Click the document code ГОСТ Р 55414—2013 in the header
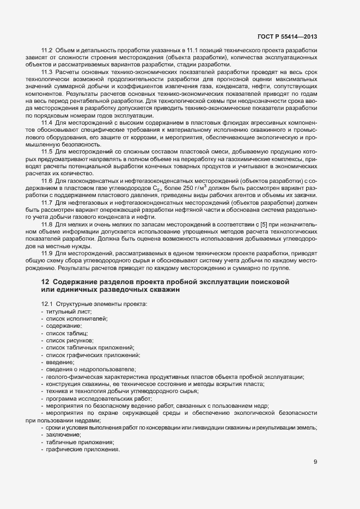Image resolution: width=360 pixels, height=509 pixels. coord(286,37)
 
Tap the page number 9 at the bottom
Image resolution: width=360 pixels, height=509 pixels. coord(315,462)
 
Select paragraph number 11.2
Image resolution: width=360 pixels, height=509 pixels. coord(47,50)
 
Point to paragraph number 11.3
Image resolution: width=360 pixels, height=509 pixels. coord(47,72)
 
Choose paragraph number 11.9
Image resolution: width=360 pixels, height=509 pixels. coord(47,254)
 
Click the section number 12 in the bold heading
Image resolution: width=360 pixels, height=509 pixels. coord(45,281)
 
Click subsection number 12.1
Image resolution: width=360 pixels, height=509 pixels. coord(47,303)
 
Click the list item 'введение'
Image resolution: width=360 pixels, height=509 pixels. coord(60,362)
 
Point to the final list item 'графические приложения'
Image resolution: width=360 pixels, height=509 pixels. coord(82,450)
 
